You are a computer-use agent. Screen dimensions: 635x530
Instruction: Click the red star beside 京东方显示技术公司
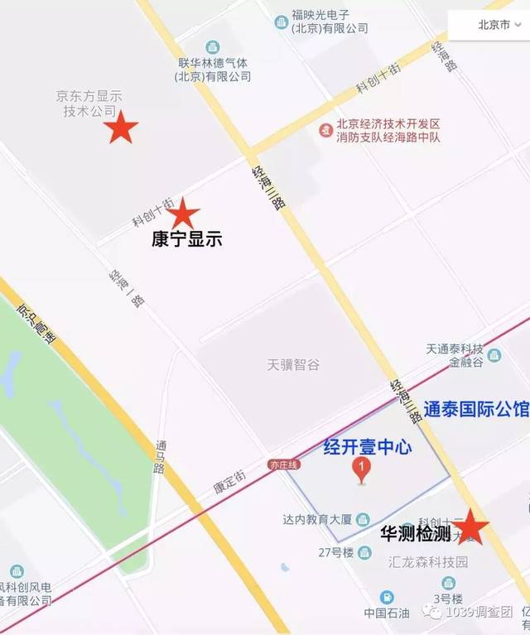pos(121,127)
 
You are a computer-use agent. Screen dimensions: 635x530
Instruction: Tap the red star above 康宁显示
pos(183,214)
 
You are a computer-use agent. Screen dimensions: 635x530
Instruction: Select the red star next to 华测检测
pos(470,527)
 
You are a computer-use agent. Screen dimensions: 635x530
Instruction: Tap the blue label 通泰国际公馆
pos(475,408)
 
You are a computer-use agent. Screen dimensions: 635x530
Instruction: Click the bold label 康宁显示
pos(186,240)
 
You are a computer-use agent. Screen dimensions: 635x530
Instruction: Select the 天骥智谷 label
pos(293,364)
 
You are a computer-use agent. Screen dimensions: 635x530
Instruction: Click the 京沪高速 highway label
pos(32,320)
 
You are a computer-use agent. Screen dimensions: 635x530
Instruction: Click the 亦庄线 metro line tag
pos(281,466)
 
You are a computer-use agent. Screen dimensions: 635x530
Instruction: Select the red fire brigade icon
pos(326,130)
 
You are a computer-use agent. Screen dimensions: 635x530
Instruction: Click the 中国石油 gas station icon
pos(387,597)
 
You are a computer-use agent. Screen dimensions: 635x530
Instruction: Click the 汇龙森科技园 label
pos(428,562)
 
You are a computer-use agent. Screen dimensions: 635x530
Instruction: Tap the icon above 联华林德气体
pos(213,46)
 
